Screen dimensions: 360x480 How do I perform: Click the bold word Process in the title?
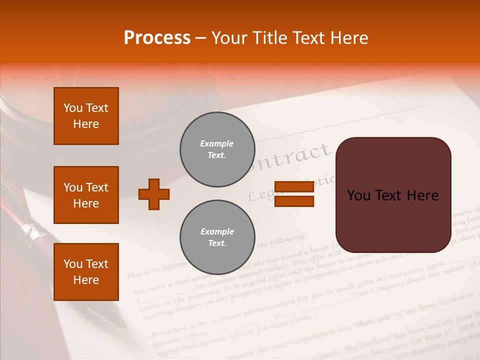click(x=157, y=38)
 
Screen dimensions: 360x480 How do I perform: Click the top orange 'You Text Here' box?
click(x=86, y=116)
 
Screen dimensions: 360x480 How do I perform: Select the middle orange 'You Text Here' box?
click(x=86, y=195)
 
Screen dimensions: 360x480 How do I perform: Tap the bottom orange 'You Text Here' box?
click(x=86, y=272)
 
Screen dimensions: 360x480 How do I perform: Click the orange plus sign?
click(x=154, y=194)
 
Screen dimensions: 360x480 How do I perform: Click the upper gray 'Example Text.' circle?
click(x=217, y=149)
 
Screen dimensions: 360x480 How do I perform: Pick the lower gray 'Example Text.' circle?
click(x=217, y=237)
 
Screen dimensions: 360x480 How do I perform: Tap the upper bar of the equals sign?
click(x=294, y=187)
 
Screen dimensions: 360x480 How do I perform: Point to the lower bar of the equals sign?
click(x=294, y=201)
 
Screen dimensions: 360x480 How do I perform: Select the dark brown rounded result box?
click(x=393, y=195)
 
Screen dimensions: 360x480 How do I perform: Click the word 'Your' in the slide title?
click(x=229, y=38)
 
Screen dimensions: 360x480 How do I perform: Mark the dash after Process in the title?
click(x=200, y=38)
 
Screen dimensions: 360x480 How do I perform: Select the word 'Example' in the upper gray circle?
click(x=216, y=143)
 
